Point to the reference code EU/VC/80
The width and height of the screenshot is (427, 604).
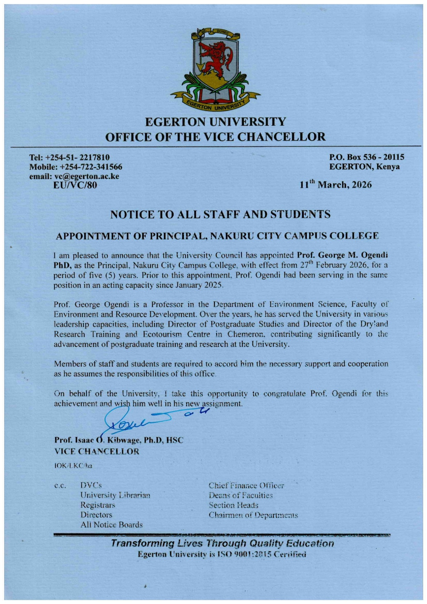pyautogui.click(x=75, y=185)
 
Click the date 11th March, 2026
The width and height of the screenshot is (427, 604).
pyautogui.click(x=335, y=185)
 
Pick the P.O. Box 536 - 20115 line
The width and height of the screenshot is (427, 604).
pyautogui.click(x=367, y=157)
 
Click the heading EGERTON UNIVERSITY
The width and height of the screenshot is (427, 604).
pyautogui.click(x=215, y=122)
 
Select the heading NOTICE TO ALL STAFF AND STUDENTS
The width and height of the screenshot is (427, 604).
pyautogui.click(x=220, y=215)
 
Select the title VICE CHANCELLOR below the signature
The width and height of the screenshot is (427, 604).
pyautogui.click(x=97, y=451)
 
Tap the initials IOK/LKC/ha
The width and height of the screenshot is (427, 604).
pyautogui.click(x=73, y=466)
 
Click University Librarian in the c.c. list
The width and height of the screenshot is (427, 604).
pyautogui.click(x=115, y=496)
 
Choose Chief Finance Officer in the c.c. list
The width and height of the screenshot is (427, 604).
pyautogui.click(x=246, y=486)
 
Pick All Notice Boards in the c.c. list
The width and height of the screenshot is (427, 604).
pyautogui.click(x=111, y=525)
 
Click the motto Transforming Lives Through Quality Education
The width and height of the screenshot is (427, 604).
pyautogui.click(x=222, y=544)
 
